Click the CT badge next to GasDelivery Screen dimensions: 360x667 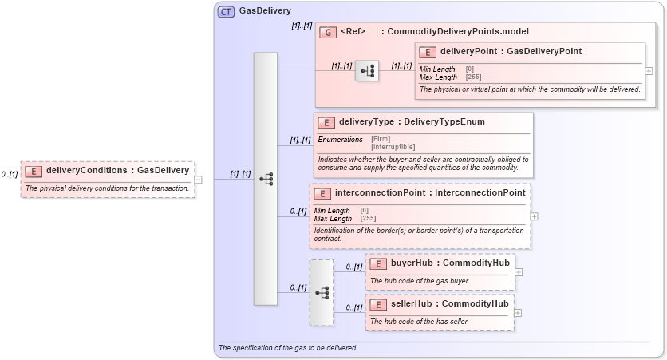(226, 12)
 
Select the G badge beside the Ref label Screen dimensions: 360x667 (327, 32)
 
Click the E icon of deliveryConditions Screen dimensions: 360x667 (33, 170)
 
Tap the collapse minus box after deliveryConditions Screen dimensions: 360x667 (199, 179)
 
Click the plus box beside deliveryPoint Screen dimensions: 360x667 (649, 70)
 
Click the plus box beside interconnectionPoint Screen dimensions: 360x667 (534, 216)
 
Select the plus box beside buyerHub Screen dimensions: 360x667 (519, 271)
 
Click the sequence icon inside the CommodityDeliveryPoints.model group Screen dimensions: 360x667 (367, 71)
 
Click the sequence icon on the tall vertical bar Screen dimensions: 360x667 (266, 179)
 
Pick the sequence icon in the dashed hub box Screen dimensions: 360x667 (322, 293)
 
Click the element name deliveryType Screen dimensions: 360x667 (366, 122)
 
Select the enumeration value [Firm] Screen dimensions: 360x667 (381, 140)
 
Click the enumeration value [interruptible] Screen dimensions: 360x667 (393, 147)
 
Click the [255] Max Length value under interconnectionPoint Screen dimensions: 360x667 (368, 218)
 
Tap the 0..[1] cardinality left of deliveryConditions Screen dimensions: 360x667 (10, 174)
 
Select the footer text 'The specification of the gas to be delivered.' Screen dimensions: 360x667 (288, 348)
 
